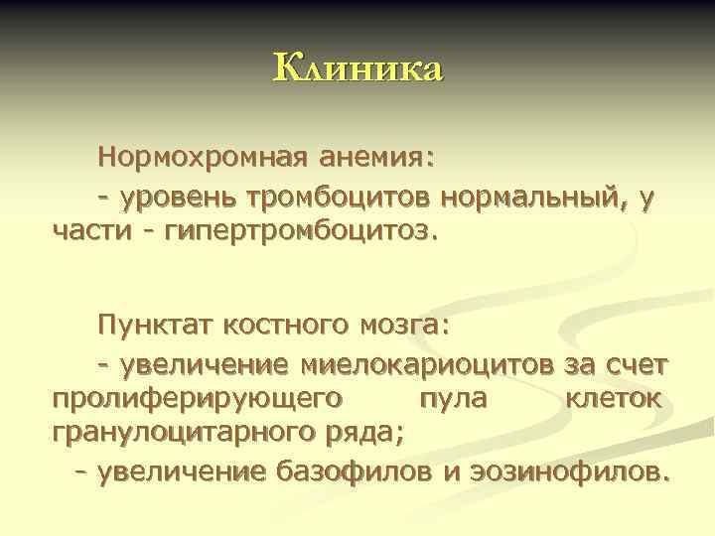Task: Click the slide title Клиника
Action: pos(357,69)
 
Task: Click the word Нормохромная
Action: pos(204,158)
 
